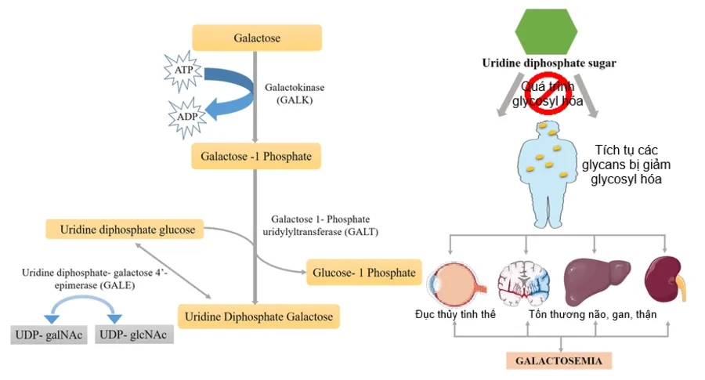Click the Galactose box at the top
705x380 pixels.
tap(257, 38)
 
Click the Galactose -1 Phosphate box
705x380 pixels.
tap(256, 157)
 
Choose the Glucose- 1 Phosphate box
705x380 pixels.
tap(364, 273)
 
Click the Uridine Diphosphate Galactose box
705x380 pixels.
tap(259, 317)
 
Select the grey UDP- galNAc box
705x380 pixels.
tap(49, 335)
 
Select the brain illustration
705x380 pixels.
tap(525, 280)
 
